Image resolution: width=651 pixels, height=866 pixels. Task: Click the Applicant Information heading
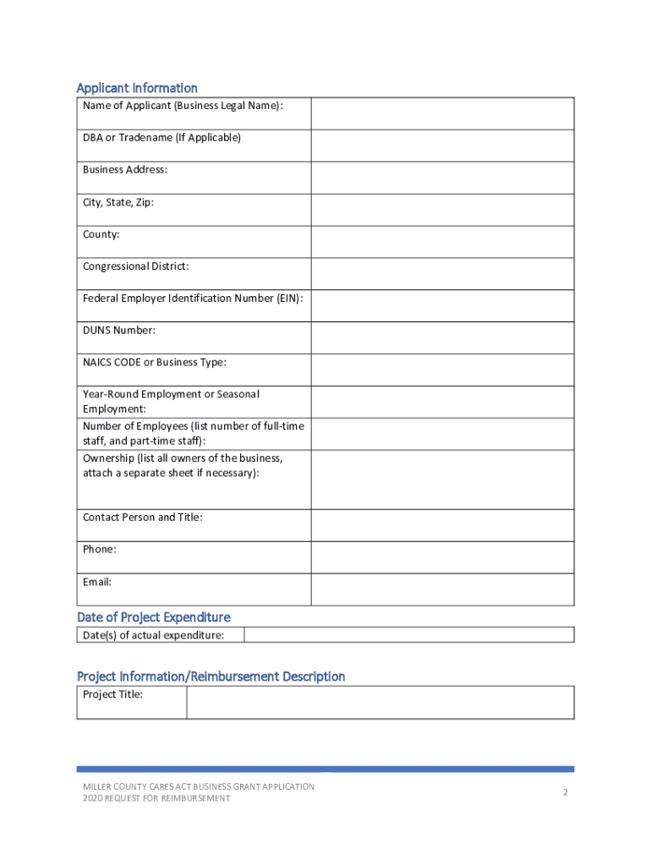pos(137,88)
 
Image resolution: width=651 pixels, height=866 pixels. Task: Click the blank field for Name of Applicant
pos(442,113)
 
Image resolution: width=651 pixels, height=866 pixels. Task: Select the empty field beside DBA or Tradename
pos(442,145)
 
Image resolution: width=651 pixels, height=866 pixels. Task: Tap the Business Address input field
pos(442,178)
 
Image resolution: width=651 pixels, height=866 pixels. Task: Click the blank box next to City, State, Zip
pos(442,210)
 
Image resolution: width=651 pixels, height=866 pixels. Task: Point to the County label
pos(101,234)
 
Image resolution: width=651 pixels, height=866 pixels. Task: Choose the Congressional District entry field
pos(442,274)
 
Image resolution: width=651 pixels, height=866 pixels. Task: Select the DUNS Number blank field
pos(442,337)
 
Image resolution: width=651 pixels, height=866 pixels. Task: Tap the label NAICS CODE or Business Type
pos(155,363)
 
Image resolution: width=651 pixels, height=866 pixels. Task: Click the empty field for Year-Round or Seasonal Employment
pos(442,402)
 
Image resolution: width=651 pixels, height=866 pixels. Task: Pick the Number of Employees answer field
pos(442,434)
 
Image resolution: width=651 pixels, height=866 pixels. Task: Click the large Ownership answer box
pos(442,480)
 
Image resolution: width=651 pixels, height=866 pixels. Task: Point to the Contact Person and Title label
pos(143,518)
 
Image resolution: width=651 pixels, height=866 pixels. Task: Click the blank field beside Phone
pos(442,557)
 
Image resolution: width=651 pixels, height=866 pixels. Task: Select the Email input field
pos(442,589)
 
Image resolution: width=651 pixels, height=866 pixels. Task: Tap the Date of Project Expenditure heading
pos(153,617)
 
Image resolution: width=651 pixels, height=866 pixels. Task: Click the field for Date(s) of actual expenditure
pos(409,635)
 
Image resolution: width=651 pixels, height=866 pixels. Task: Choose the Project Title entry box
pos(380,702)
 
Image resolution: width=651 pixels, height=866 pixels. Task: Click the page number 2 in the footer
pos(565,792)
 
